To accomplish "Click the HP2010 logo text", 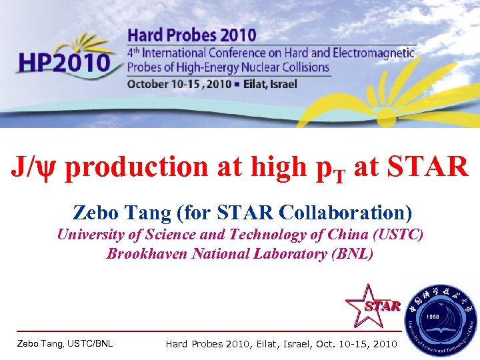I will [65, 63].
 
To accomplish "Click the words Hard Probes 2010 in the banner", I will [192, 35].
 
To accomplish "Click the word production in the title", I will [137, 167].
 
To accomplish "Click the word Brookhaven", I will [149, 254].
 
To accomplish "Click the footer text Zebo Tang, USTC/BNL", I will [65, 344].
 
